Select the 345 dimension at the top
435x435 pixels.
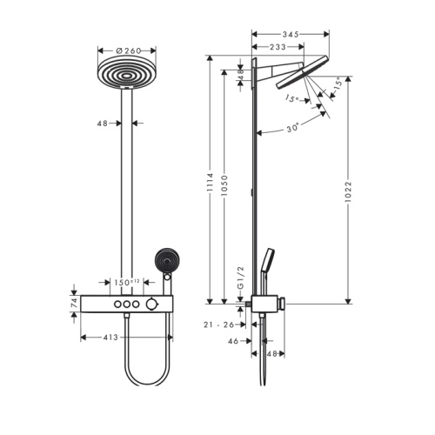click(x=291, y=34)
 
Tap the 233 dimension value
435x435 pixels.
click(x=278, y=47)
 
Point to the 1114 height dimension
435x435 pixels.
click(x=210, y=183)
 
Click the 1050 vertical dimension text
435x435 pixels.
click(x=224, y=185)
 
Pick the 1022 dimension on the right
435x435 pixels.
click(x=348, y=192)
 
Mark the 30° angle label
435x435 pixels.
click(x=293, y=128)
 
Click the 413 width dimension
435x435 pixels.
click(x=110, y=338)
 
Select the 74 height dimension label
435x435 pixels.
click(x=74, y=303)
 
